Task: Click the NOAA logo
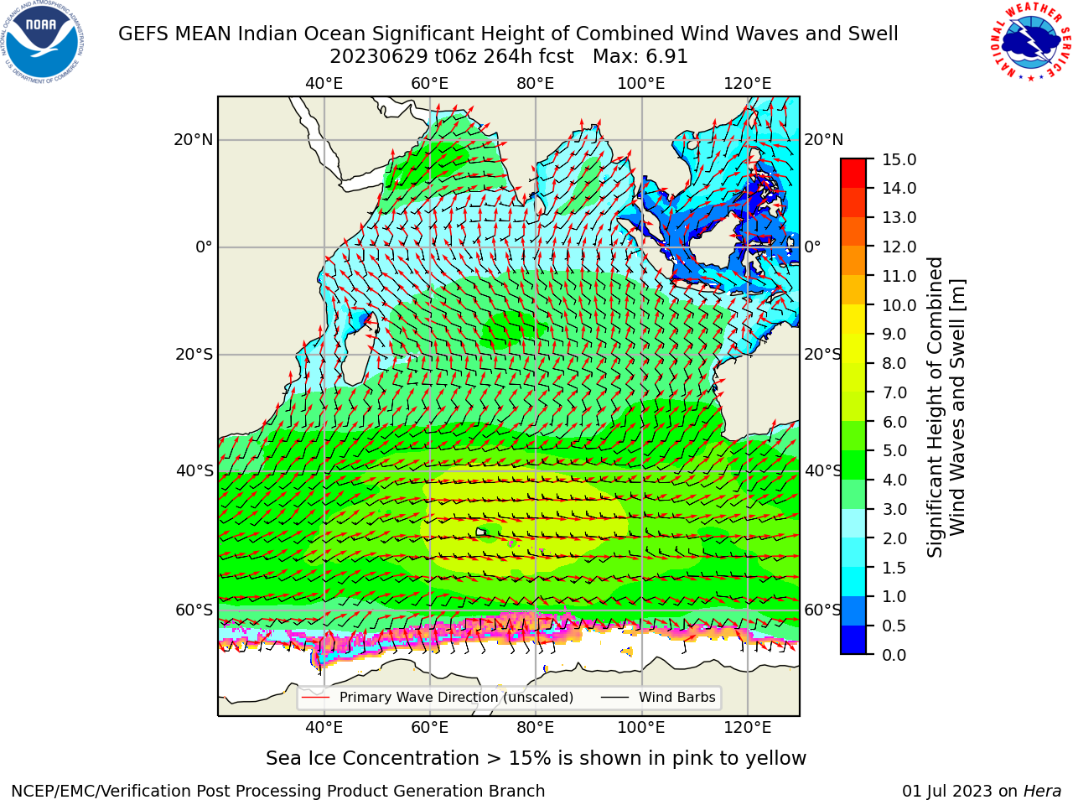click(x=43, y=42)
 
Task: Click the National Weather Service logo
click(x=1030, y=41)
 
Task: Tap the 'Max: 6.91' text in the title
click(x=640, y=57)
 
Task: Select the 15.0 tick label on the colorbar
click(x=899, y=159)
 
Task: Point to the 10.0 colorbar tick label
click(x=899, y=305)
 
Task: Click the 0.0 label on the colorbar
click(x=894, y=655)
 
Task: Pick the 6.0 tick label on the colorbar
click(x=894, y=422)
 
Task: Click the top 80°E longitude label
click(x=536, y=84)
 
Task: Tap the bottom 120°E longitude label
click(x=748, y=727)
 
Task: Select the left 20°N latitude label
click(x=194, y=140)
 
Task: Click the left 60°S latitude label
click(x=194, y=610)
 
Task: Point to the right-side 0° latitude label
click(x=812, y=247)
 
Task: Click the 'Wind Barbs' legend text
click(x=677, y=697)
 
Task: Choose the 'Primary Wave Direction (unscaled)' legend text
click(x=457, y=697)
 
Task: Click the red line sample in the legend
click(x=316, y=697)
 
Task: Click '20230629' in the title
click(x=379, y=57)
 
